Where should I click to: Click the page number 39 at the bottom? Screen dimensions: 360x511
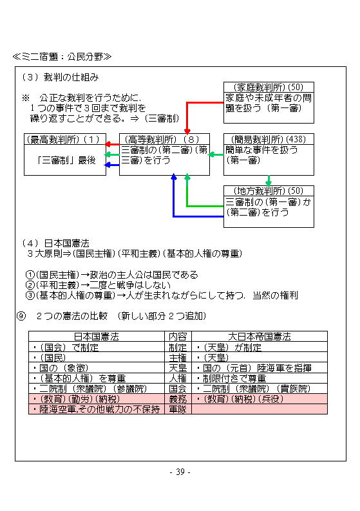click(x=180, y=472)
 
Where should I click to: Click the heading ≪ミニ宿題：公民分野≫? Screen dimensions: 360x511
click(x=62, y=57)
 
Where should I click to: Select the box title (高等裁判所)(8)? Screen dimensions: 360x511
click(x=162, y=140)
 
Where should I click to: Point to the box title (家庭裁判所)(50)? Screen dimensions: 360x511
click(x=269, y=88)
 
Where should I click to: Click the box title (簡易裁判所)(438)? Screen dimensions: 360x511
click(x=269, y=140)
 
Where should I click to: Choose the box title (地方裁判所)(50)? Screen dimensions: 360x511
click(x=269, y=191)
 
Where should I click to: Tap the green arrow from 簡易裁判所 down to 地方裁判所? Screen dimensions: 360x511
click(x=269, y=181)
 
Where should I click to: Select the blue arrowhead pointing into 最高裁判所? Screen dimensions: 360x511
click(x=107, y=165)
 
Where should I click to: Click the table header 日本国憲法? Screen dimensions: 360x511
click(x=97, y=337)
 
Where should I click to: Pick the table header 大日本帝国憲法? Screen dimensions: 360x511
click(x=260, y=337)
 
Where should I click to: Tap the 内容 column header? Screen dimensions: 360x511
click(x=178, y=337)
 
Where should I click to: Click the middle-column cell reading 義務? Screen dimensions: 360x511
click(x=178, y=399)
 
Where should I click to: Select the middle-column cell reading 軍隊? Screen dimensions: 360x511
click(x=178, y=409)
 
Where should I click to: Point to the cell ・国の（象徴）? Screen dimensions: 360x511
click(x=61, y=368)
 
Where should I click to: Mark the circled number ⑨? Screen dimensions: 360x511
click(x=21, y=316)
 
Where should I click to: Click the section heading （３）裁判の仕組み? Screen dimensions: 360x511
click(x=60, y=77)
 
